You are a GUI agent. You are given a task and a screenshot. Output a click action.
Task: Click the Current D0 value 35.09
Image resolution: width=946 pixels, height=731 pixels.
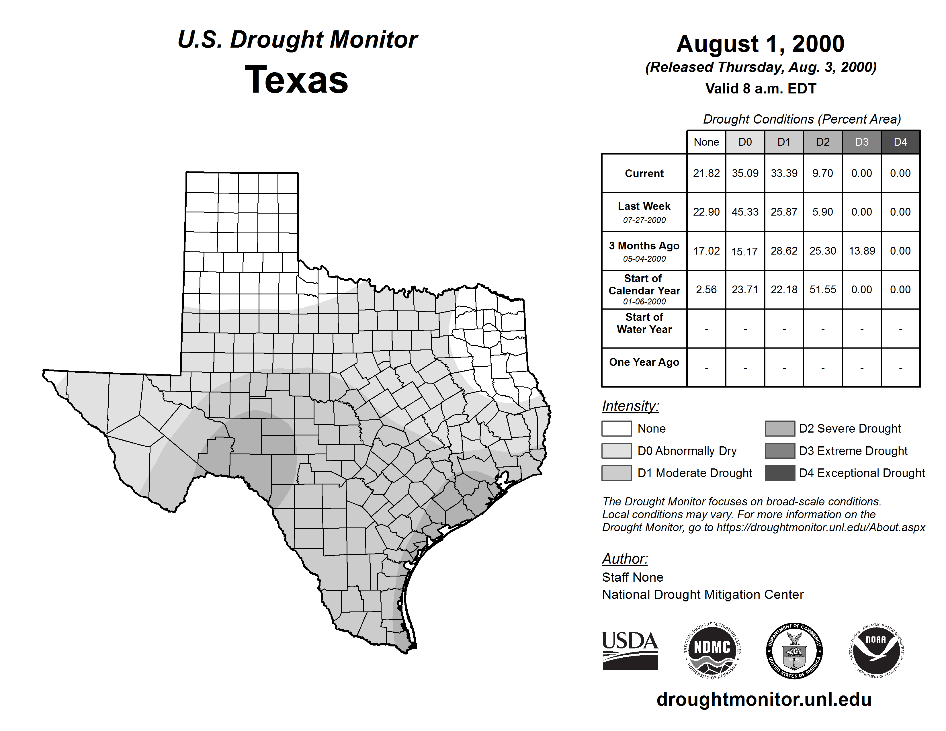(745, 173)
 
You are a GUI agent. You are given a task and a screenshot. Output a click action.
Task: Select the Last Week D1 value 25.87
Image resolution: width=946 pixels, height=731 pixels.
(784, 212)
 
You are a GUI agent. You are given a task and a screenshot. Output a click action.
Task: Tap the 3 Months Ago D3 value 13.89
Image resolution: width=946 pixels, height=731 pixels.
(861, 251)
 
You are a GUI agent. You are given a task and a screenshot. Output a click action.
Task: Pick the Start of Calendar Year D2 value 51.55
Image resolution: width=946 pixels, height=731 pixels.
(822, 289)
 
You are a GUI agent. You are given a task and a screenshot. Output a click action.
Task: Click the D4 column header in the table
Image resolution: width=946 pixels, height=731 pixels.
(900, 142)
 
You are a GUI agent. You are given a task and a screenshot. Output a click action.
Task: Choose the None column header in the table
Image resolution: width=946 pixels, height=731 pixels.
(706, 142)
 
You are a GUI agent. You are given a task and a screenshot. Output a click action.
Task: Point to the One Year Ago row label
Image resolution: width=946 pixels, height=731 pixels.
(644, 362)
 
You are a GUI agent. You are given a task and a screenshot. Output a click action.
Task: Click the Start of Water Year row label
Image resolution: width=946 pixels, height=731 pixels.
(644, 323)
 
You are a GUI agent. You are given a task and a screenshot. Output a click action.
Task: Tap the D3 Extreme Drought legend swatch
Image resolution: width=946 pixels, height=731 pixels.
(780, 451)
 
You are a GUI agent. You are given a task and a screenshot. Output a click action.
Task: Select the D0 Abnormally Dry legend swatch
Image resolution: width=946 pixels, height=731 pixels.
(616, 451)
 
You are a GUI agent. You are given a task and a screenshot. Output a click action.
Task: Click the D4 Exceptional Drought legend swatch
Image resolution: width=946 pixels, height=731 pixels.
(780, 473)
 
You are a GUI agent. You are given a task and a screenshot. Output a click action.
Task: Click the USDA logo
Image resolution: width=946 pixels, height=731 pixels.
(630, 650)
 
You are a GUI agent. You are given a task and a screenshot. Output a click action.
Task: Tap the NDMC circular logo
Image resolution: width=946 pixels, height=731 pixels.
(712, 650)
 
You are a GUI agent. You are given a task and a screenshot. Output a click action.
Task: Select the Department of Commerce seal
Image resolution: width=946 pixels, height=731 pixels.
(794, 650)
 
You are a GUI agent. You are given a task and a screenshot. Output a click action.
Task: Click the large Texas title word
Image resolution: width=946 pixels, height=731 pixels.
(296, 80)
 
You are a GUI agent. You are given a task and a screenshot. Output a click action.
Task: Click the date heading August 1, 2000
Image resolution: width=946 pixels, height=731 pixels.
(760, 44)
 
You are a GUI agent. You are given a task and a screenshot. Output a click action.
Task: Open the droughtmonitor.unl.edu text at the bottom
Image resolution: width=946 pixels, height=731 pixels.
(764, 699)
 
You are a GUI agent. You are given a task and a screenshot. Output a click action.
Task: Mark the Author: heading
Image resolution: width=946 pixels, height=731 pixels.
(625, 559)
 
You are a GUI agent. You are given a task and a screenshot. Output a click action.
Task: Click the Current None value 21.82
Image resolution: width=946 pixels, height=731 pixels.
(706, 173)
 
